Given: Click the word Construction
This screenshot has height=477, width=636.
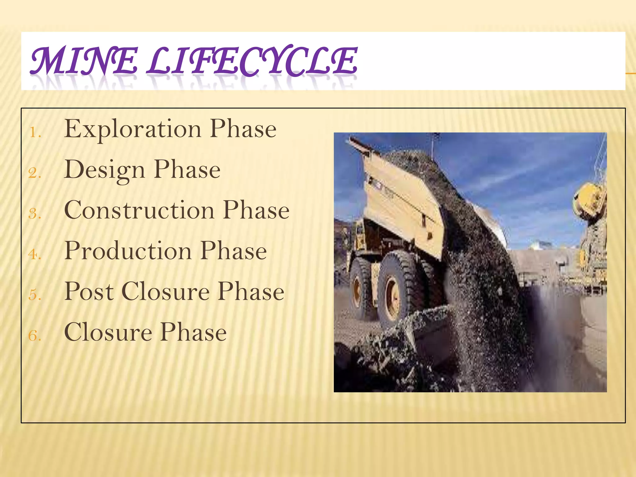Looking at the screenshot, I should pyautogui.click(x=139, y=210).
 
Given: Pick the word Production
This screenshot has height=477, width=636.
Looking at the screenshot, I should pyautogui.click(x=128, y=251).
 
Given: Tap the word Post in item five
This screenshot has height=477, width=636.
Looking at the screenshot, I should pyautogui.click(x=89, y=292).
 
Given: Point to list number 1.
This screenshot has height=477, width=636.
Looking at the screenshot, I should pyautogui.click(x=35, y=133).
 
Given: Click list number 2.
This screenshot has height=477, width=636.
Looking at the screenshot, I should pyautogui.click(x=35, y=173).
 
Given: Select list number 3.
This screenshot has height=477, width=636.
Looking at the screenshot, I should pyautogui.click(x=35, y=214).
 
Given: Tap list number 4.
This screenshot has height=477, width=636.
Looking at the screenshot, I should pyautogui.click(x=35, y=255).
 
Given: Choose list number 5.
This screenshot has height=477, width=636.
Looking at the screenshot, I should pyautogui.click(x=35, y=295).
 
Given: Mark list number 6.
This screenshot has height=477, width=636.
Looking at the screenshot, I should pyautogui.click(x=35, y=336).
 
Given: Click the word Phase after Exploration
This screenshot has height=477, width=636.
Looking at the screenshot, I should pyautogui.click(x=243, y=129).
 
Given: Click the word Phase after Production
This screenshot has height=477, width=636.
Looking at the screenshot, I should pyautogui.click(x=234, y=251).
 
